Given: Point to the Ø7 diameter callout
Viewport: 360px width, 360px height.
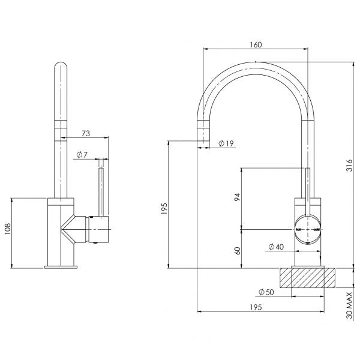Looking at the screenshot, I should [82, 155].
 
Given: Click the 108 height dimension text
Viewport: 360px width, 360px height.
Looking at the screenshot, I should [7, 230].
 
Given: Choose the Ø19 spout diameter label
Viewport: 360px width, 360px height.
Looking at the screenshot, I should [226, 143].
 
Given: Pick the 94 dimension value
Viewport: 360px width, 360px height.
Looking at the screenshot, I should [237, 197].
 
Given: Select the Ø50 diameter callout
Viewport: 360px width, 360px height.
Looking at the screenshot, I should [266, 292].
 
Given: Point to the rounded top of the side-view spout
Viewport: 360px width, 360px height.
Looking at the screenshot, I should [62, 66].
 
